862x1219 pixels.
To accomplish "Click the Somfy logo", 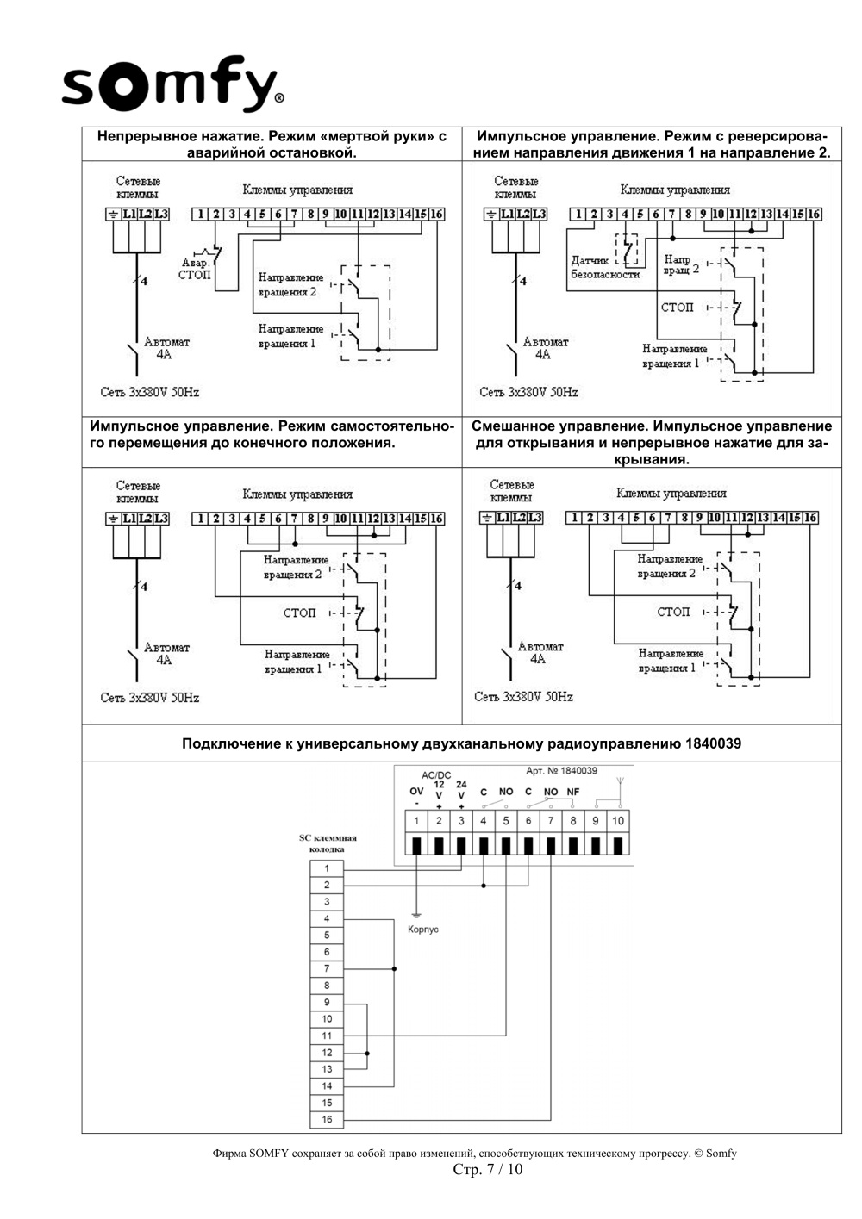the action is click(172, 84).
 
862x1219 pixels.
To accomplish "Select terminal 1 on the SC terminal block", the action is click(327, 868).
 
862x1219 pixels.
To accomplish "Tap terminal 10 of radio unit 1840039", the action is click(617, 821).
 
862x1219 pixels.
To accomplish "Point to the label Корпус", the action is click(423, 929).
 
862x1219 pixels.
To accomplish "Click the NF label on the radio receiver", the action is click(573, 792).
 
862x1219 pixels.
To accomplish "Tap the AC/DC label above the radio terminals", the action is click(436, 775).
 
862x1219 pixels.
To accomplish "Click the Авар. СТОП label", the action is click(195, 269).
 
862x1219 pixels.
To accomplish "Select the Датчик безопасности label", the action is click(605, 268).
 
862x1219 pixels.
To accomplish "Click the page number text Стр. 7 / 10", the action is click(487, 1169).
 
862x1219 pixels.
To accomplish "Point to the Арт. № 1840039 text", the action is click(561, 770).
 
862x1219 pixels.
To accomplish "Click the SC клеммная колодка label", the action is click(328, 843).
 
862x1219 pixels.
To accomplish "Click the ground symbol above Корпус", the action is click(416, 917).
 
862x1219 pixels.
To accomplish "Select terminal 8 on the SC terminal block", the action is click(327, 986).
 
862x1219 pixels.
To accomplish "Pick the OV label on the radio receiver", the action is click(416, 791).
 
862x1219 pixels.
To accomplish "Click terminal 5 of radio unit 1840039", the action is click(506, 821).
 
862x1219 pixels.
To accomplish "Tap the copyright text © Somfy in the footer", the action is click(715, 1154).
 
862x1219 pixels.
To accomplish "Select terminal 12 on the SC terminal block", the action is click(327, 1053).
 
